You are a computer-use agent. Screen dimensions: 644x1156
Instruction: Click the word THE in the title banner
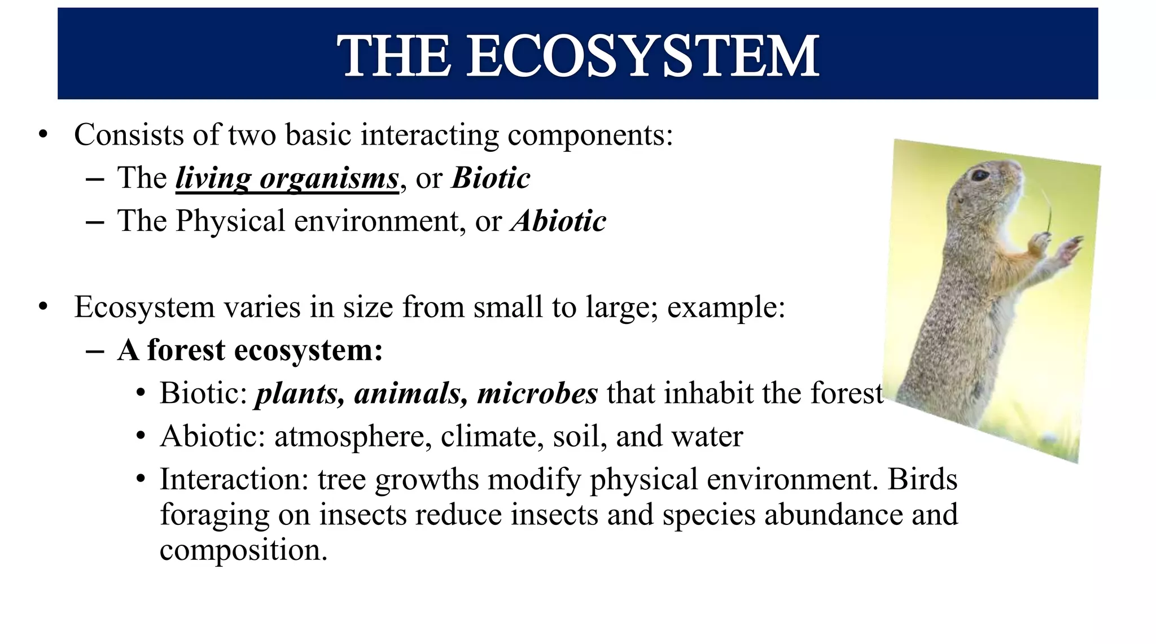coord(395,56)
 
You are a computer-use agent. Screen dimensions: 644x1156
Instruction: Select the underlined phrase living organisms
coord(287,178)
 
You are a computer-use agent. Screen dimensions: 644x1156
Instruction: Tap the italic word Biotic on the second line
coord(491,178)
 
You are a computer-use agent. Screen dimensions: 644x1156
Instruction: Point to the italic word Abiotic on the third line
coord(558,221)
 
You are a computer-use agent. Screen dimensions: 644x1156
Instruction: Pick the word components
coord(589,136)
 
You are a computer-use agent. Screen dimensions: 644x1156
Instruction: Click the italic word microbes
coord(537,393)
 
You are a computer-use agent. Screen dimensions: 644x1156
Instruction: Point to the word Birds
coord(922,479)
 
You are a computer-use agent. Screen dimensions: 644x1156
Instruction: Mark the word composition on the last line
coord(243,550)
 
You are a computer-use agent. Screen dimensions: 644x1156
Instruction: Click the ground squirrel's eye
coord(980,175)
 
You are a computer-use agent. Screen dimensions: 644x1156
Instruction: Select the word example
coord(725,308)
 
